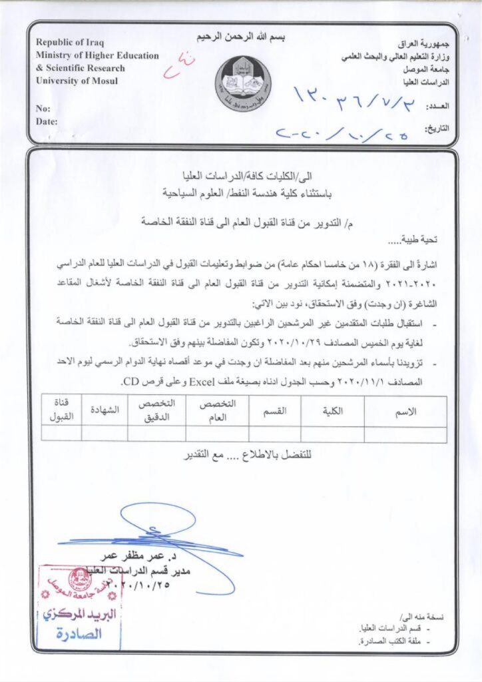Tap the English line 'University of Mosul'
[x=77, y=81]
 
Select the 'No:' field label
[x=43, y=108]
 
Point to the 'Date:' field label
[x=47, y=121]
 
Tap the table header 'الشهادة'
[x=105, y=411]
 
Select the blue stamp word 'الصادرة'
[x=80, y=633]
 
